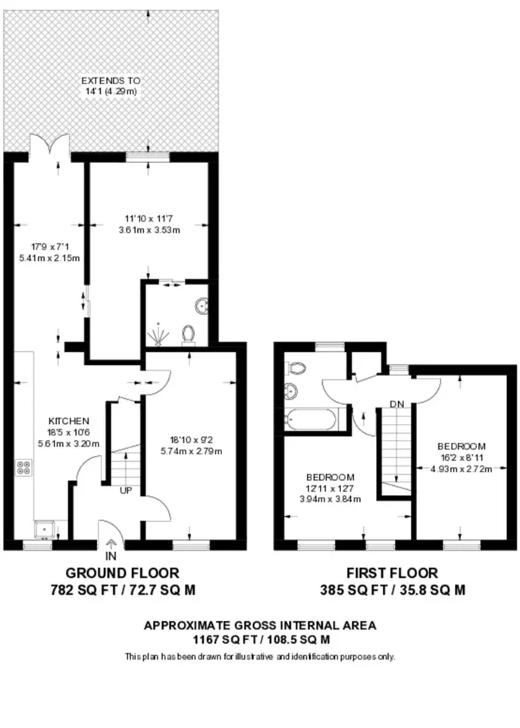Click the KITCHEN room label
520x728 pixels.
click(x=69, y=421)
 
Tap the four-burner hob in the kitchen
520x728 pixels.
click(x=24, y=467)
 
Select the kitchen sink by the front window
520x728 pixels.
click(x=45, y=529)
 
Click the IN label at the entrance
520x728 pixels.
click(x=111, y=556)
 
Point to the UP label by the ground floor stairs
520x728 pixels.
click(x=127, y=491)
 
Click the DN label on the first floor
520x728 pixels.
click(x=397, y=404)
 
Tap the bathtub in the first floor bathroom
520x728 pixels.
click(x=311, y=419)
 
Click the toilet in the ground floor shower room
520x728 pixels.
click(x=188, y=335)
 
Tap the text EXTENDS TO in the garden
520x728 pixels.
click(x=111, y=81)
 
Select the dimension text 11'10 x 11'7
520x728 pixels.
click(x=149, y=218)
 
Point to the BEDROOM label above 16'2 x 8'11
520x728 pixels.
click(x=462, y=446)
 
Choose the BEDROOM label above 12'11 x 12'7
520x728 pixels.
click(x=330, y=477)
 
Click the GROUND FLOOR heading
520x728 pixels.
click(x=122, y=573)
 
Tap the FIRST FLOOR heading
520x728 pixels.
click(x=392, y=573)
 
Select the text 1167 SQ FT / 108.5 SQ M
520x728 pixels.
click(x=262, y=640)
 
